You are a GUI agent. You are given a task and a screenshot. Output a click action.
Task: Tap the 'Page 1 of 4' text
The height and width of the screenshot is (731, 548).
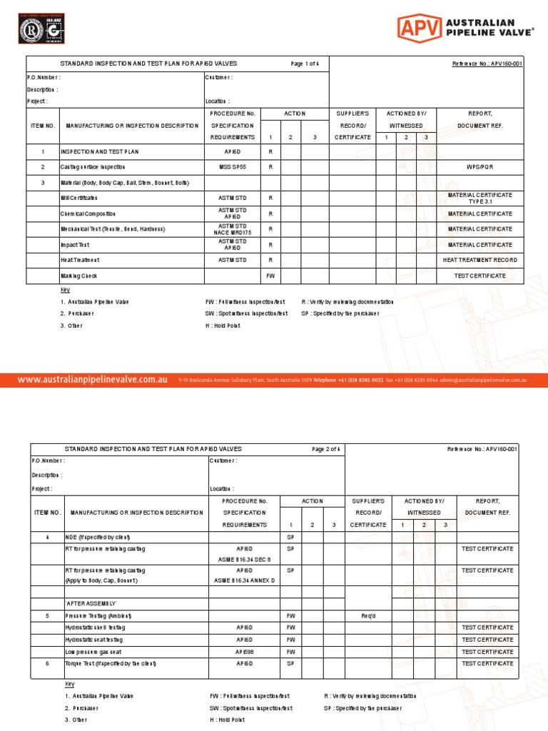305,64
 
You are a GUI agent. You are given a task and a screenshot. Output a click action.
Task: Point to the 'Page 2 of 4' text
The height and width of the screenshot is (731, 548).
327,449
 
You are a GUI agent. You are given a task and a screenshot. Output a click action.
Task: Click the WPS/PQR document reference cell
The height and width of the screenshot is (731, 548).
479,167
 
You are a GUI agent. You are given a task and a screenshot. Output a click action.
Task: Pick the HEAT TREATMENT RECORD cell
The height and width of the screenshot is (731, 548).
479,261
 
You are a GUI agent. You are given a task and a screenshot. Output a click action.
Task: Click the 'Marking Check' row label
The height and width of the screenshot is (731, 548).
78,276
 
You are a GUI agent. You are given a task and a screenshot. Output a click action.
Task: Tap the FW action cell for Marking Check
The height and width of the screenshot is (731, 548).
270,276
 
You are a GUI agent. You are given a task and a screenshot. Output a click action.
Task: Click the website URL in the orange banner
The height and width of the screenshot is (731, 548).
93,380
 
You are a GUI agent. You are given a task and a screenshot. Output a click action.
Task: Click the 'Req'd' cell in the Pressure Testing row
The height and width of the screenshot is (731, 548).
368,615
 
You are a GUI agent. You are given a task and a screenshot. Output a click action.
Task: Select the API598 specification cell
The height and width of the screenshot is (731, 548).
245,652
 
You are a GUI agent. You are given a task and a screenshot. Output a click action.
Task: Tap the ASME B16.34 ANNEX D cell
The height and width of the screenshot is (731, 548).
245,580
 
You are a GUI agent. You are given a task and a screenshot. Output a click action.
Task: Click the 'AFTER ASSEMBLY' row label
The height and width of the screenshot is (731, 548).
91,603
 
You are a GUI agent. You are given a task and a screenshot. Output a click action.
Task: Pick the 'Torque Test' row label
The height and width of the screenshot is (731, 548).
111,664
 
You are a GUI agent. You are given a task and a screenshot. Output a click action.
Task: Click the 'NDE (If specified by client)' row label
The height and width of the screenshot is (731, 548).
98,537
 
